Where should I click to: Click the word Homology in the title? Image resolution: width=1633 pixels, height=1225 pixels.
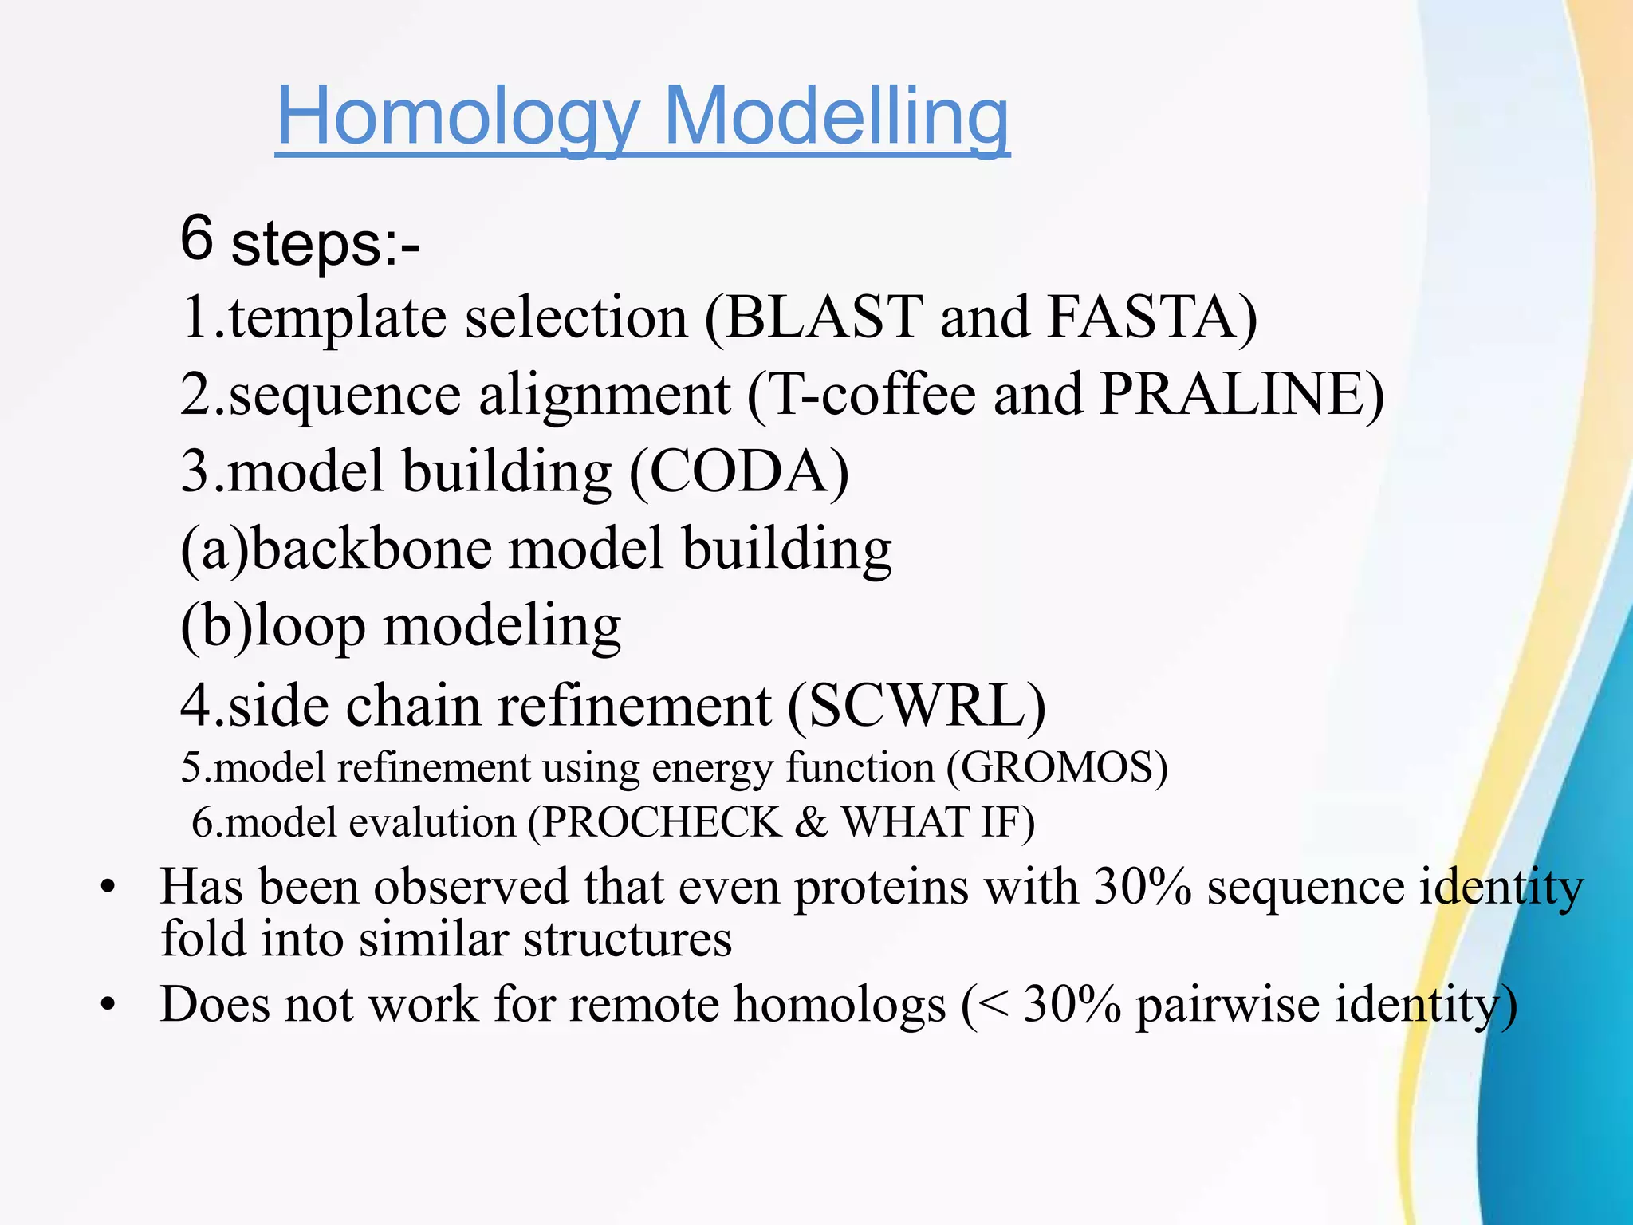tap(456, 118)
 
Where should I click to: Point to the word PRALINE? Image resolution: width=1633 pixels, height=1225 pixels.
tap(1232, 395)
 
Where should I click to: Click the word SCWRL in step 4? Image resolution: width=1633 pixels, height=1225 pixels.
tap(916, 706)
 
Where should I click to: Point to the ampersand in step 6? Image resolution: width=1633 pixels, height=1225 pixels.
tap(811, 822)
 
